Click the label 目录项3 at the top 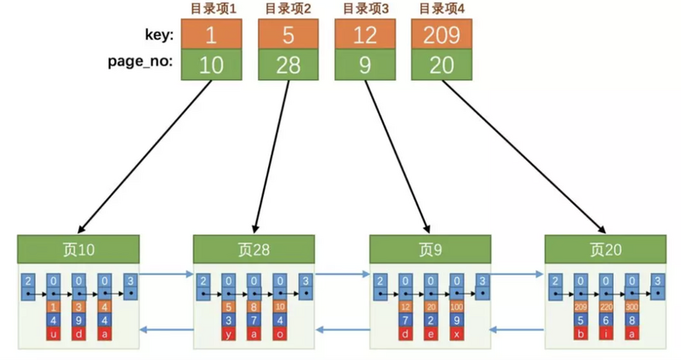click(x=363, y=9)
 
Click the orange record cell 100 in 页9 click(x=456, y=306)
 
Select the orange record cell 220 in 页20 click(x=606, y=306)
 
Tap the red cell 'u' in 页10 click(x=54, y=334)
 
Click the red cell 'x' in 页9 click(x=456, y=334)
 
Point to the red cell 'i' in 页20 click(x=606, y=334)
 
